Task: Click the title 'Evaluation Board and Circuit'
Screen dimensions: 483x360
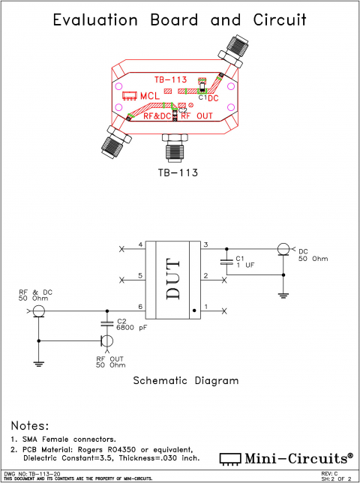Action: point(180,20)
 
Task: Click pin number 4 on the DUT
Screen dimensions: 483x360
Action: point(140,245)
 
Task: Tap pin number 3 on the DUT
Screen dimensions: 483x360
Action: point(205,245)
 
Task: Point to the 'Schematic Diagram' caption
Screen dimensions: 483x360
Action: point(185,380)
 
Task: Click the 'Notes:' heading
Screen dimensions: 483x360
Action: point(30,425)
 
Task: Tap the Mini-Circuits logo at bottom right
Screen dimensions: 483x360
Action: point(286,457)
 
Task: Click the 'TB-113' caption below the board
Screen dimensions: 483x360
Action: point(178,172)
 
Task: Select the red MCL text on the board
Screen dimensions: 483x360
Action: point(149,95)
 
